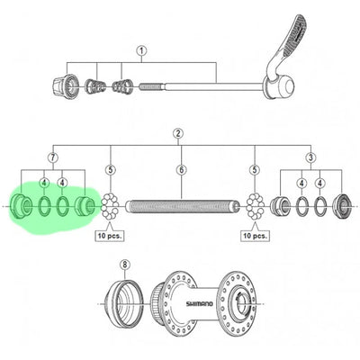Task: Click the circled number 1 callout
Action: (x=141, y=51)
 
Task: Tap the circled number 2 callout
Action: (x=178, y=133)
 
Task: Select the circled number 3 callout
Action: (x=310, y=157)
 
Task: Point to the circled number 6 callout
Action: (x=182, y=170)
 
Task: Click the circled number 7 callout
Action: (x=53, y=157)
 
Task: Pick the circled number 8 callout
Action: (x=125, y=265)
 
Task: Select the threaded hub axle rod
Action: (x=183, y=207)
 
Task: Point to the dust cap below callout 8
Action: (x=123, y=303)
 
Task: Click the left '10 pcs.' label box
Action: (x=110, y=236)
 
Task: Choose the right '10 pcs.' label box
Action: (x=256, y=236)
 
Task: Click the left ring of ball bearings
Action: (x=110, y=207)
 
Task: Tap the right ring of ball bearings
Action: (x=255, y=207)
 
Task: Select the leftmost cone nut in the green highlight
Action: (x=20, y=206)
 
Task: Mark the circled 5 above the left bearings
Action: (x=111, y=170)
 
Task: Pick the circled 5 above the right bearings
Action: (x=255, y=170)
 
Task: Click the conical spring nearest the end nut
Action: (x=96, y=85)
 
